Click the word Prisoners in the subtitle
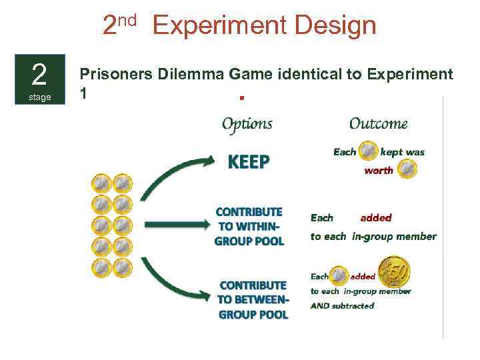pos(117,74)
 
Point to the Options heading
pos(247,123)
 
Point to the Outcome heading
pos(378,123)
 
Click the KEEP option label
pos(249,162)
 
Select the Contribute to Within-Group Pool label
pos(249,227)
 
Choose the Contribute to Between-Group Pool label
pos(253,300)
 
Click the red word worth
pos(379,171)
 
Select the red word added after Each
pos(376,217)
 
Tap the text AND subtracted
pos(342,306)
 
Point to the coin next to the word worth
pos(407,171)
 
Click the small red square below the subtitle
pos(241,98)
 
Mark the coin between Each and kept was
pos(368,152)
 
